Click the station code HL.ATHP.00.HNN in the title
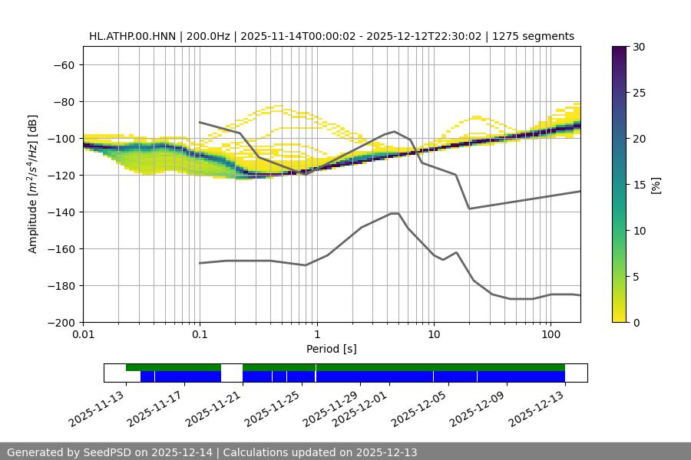132,36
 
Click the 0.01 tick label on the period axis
83,335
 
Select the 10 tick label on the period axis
434,335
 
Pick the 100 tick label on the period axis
550,335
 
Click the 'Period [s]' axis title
332,349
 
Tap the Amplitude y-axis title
33,184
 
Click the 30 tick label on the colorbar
639,47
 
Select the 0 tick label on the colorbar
636,322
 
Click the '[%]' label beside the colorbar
656,185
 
